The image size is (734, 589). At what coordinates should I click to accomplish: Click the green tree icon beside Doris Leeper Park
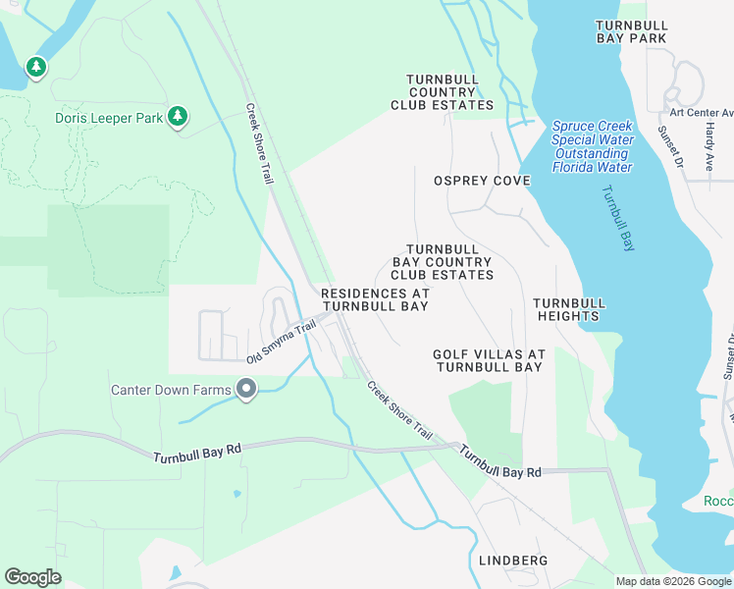click(x=178, y=117)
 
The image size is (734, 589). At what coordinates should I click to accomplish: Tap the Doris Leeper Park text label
click(x=109, y=118)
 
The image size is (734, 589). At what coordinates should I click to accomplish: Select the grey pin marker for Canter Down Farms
click(x=246, y=392)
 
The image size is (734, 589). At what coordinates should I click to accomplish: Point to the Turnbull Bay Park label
click(x=631, y=30)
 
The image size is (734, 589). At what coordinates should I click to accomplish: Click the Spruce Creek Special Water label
click(x=592, y=146)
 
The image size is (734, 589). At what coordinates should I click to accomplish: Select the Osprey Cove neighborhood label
click(x=482, y=181)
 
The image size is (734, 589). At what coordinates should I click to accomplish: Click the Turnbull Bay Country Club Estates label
click(x=443, y=262)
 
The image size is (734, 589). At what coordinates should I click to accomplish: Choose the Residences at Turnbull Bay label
click(x=376, y=299)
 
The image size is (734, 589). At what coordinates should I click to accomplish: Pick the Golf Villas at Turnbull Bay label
click(x=488, y=360)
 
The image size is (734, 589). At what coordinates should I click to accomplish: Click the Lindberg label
click(x=511, y=561)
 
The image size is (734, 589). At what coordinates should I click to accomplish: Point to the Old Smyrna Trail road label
click(x=281, y=341)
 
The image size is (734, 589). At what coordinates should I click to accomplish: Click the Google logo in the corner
click(x=32, y=576)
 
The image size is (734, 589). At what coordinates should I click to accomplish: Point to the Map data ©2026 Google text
click(x=672, y=581)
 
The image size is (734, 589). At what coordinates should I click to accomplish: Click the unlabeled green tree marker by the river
click(x=36, y=68)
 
